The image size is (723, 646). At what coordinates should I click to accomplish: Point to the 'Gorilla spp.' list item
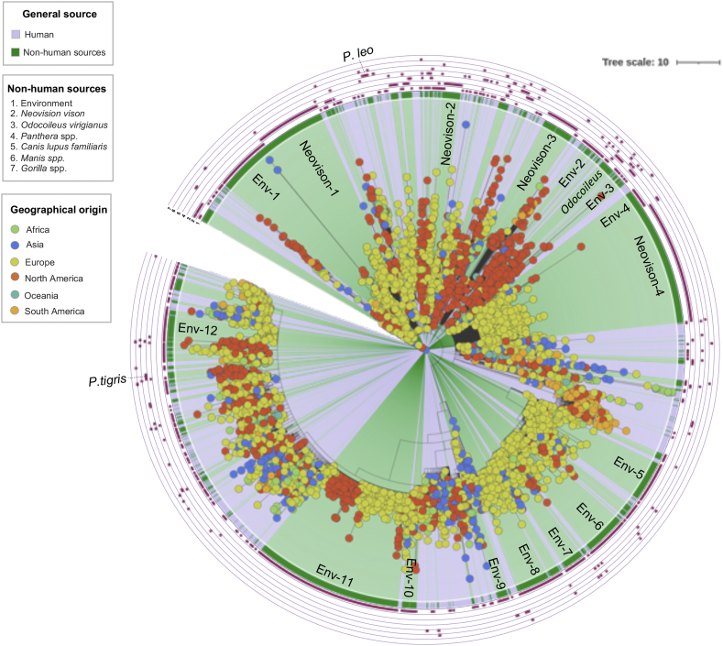click(44, 170)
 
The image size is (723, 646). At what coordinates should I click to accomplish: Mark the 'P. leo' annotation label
click(359, 57)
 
